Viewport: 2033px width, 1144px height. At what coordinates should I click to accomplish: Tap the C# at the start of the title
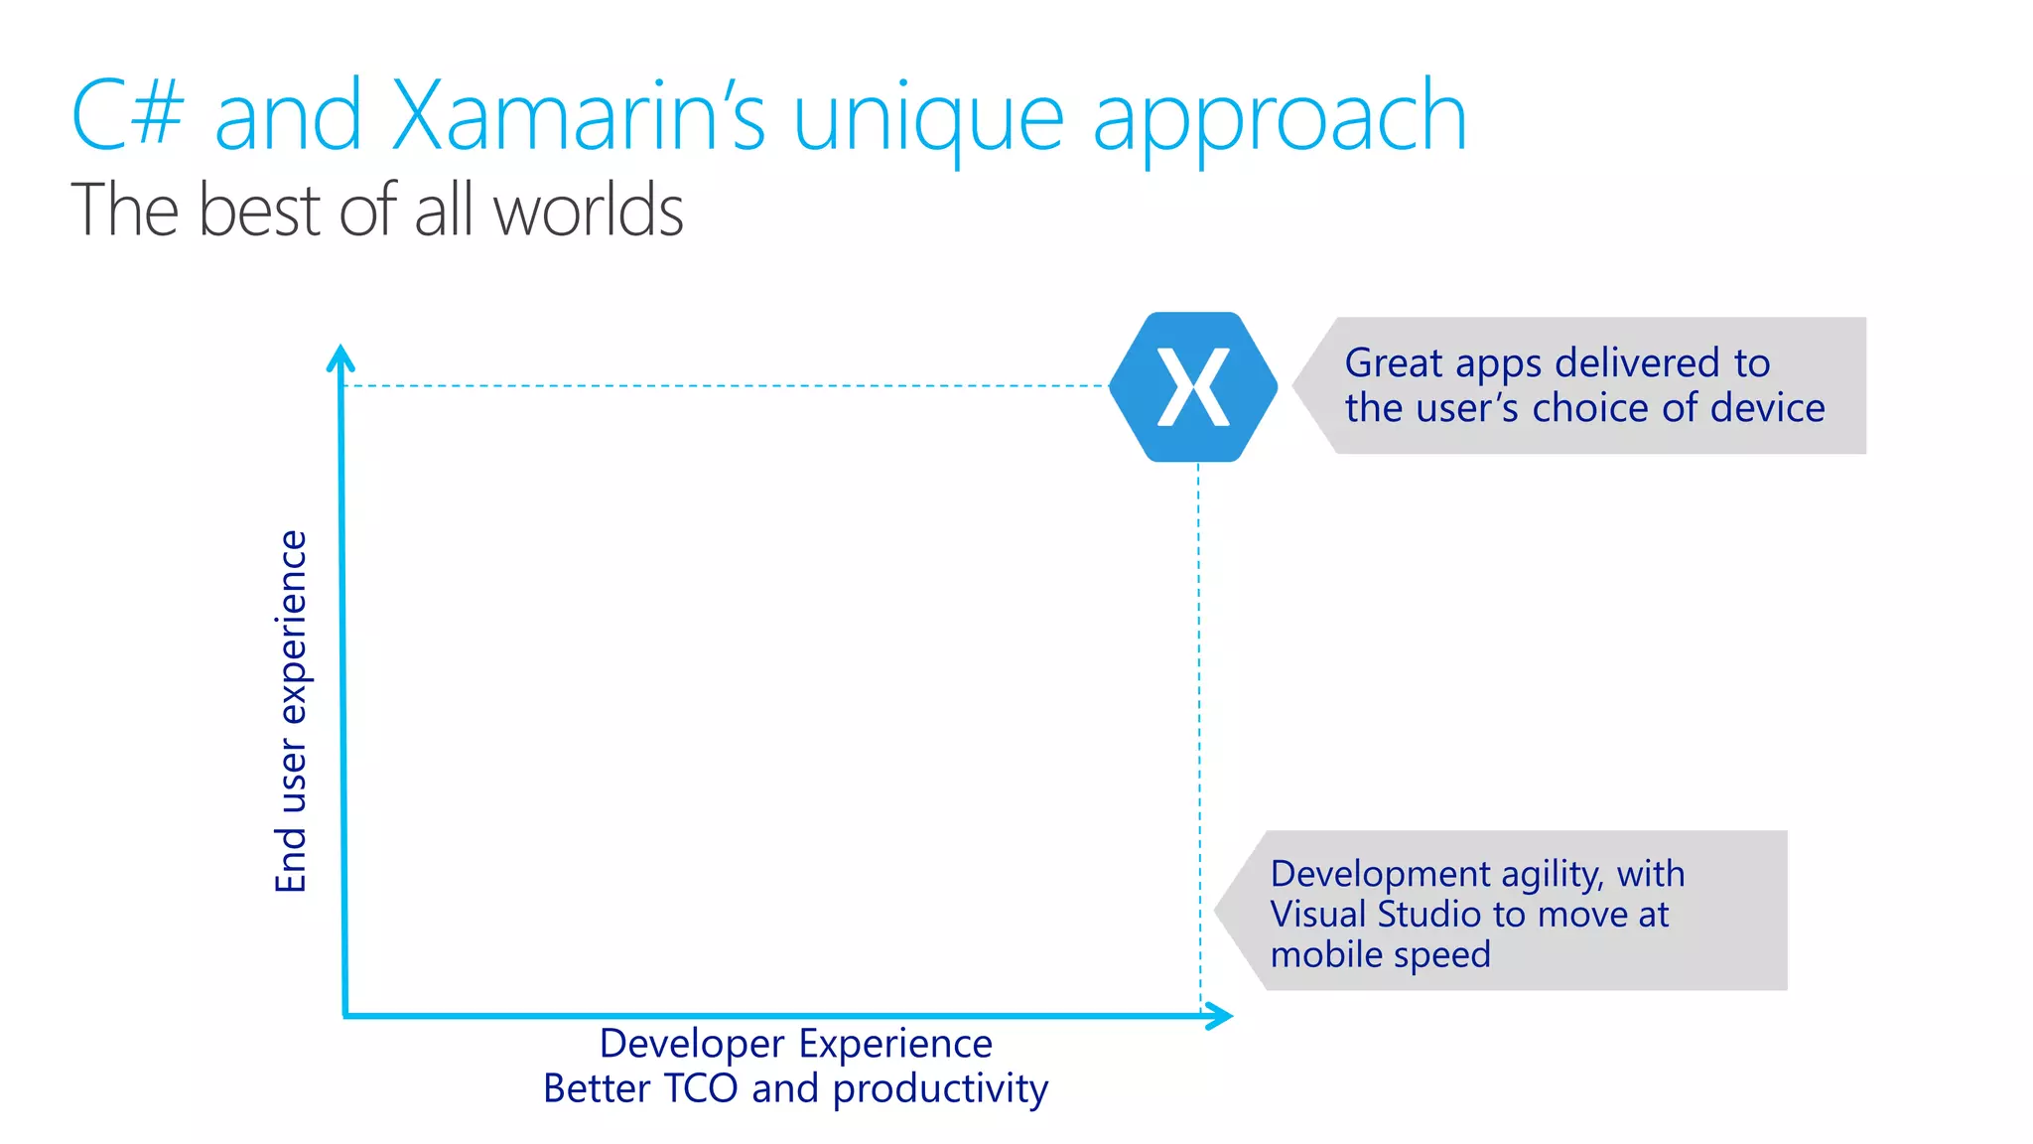click(x=128, y=117)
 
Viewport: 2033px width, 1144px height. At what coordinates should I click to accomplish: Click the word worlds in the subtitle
click(x=588, y=211)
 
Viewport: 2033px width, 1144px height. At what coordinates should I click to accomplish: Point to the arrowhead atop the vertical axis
click(x=340, y=357)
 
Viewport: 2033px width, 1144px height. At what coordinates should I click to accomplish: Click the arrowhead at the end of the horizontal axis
click(x=1221, y=1015)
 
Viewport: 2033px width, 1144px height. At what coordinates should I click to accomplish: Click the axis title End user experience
click(x=292, y=711)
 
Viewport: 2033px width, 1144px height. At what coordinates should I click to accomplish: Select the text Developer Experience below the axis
click(x=795, y=1044)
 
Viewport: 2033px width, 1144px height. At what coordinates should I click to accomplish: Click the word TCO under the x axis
click(x=700, y=1088)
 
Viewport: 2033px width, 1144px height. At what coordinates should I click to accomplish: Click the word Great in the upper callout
click(x=1393, y=363)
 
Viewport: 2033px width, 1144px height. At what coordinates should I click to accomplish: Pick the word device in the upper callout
click(x=1767, y=408)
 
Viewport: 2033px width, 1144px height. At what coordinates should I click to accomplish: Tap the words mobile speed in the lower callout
click(x=1380, y=954)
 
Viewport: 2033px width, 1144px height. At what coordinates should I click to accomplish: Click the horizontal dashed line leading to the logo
click(x=725, y=385)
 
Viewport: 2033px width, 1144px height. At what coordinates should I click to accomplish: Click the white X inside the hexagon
click(x=1193, y=387)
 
